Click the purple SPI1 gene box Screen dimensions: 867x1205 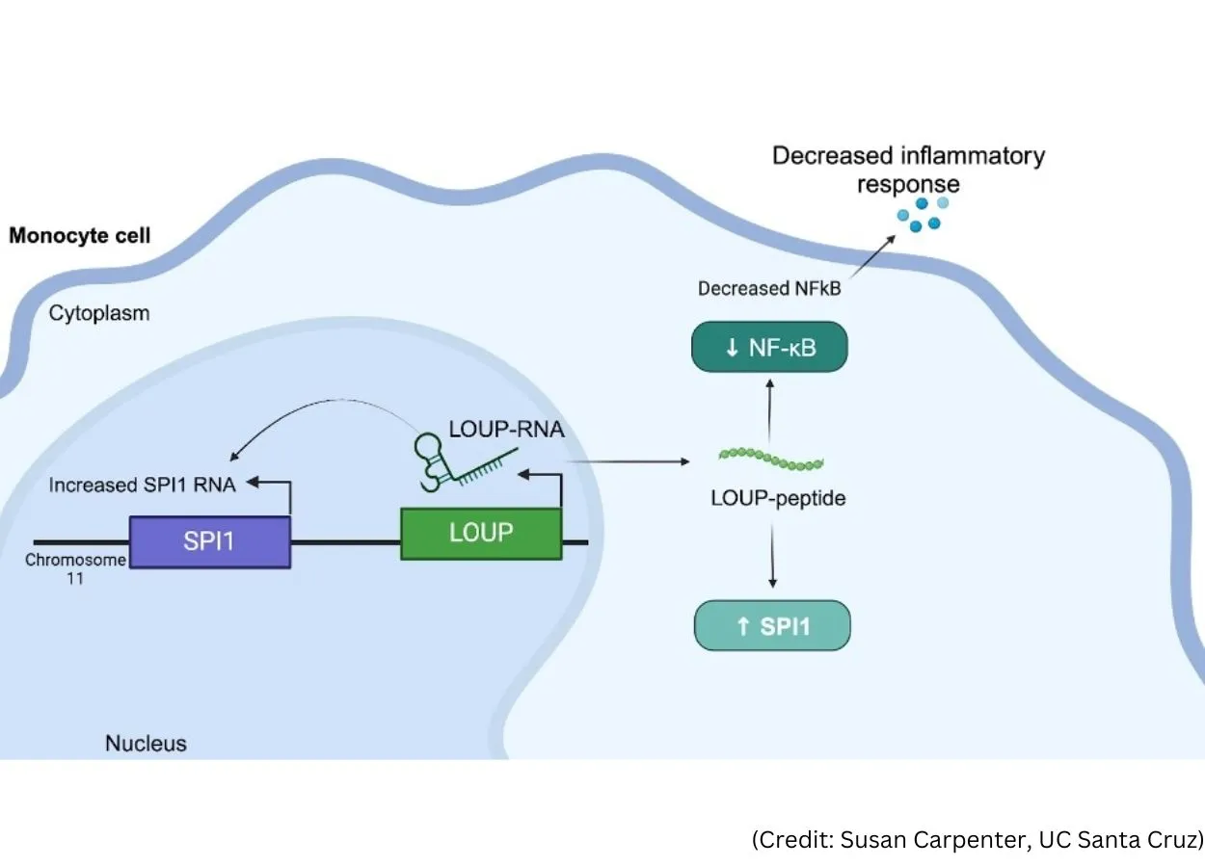click(x=209, y=541)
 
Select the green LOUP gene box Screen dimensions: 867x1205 click(x=481, y=532)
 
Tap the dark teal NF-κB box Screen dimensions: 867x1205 click(x=769, y=347)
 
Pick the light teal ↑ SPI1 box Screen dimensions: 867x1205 click(x=772, y=626)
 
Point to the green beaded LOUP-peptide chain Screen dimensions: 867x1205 click(x=772, y=459)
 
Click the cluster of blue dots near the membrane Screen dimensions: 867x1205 click(x=922, y=214)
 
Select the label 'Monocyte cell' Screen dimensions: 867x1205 click(x=80, y=236)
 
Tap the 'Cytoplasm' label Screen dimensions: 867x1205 click(x=99, y=313)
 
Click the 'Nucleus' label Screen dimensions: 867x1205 click(x=146, y=744)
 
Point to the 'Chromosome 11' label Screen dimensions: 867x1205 click(x=74, y=569)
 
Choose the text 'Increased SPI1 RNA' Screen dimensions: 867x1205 click(x=142, y=485)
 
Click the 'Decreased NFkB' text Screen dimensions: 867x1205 click(x=768, y=288)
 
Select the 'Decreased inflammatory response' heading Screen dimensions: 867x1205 click(x=908, y=169)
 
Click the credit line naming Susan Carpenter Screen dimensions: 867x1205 click(x=977, y=839)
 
